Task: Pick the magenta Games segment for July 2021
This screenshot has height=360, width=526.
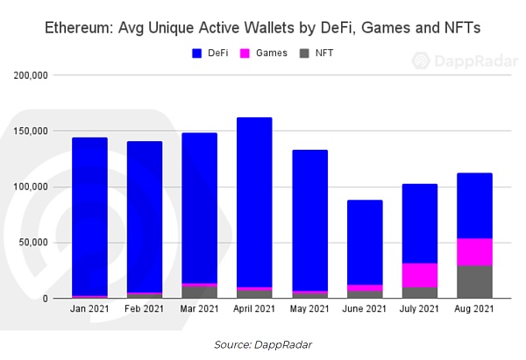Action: pyautogui.click(x=420, y=275)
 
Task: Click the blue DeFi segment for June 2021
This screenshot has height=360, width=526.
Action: pyautogui.click(x=365, y=242)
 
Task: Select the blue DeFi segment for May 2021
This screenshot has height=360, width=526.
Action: pyautogui.click(x=309, y=220)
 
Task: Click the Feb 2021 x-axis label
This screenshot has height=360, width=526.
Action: pyautogui.click(x=145, y=310)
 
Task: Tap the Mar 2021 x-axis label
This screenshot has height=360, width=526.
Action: pyautogui.click(x=200, y=310)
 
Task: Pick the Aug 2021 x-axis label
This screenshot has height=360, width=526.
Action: pyautogui.click(x=475, y=310)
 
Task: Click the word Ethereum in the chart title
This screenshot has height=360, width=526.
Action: pyautogui.click(x=81, y=29)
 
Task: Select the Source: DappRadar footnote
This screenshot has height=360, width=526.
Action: pyautogui.click(x=263, y=344)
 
